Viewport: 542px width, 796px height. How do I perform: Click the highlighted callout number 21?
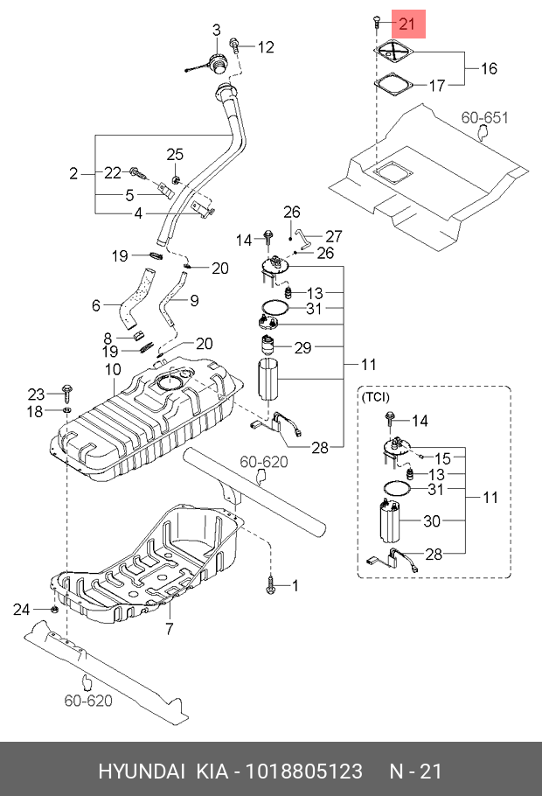click(407, 24)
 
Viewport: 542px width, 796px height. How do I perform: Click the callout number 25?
click(175, 154)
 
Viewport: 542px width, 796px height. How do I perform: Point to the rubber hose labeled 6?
click(135, 299)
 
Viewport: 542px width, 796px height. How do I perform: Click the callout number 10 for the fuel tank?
click(113, 369)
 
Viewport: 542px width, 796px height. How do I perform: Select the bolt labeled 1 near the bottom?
click(270, 585)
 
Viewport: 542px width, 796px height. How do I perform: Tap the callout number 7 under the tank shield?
click(170, 628)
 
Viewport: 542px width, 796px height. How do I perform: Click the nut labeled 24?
click(53, 609)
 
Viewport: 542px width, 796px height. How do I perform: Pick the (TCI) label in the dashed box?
click(375, 396)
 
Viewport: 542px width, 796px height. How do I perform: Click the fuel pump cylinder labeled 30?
click(389, 521)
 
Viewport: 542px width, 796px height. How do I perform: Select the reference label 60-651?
click(484, 118)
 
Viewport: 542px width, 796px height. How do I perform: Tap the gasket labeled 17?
click(394, 83)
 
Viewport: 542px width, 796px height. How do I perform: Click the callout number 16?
click(489, 68)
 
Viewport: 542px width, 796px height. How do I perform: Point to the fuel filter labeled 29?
click(268, 346)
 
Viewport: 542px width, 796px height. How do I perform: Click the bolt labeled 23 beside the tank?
click(67, 394)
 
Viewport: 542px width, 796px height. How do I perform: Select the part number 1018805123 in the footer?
click(304, 771)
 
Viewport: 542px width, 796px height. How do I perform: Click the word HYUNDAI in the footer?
click(141, 771)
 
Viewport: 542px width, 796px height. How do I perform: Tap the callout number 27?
click(333, 236)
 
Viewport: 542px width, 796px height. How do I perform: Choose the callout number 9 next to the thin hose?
click(194, 301)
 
